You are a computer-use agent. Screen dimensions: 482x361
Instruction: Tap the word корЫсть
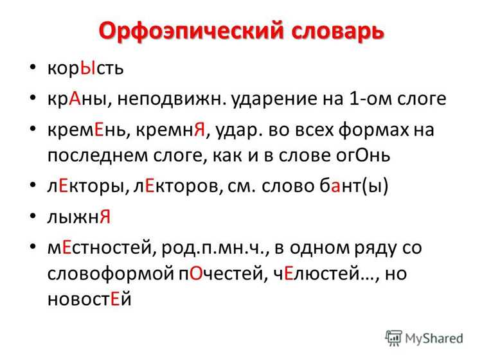pos(85,68)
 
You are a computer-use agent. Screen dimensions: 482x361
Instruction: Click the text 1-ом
pos(370,99)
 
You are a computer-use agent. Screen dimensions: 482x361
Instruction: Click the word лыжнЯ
pos(79,217)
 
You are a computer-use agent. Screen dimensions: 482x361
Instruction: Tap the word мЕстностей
pos(100,248)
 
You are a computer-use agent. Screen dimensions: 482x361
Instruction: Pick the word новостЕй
pos(89,299)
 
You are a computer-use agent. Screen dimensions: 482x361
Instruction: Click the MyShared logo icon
pos(393,338)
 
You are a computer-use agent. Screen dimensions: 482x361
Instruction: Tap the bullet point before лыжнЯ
pos(33,216)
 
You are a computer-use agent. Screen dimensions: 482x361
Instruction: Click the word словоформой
pos(111,274)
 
